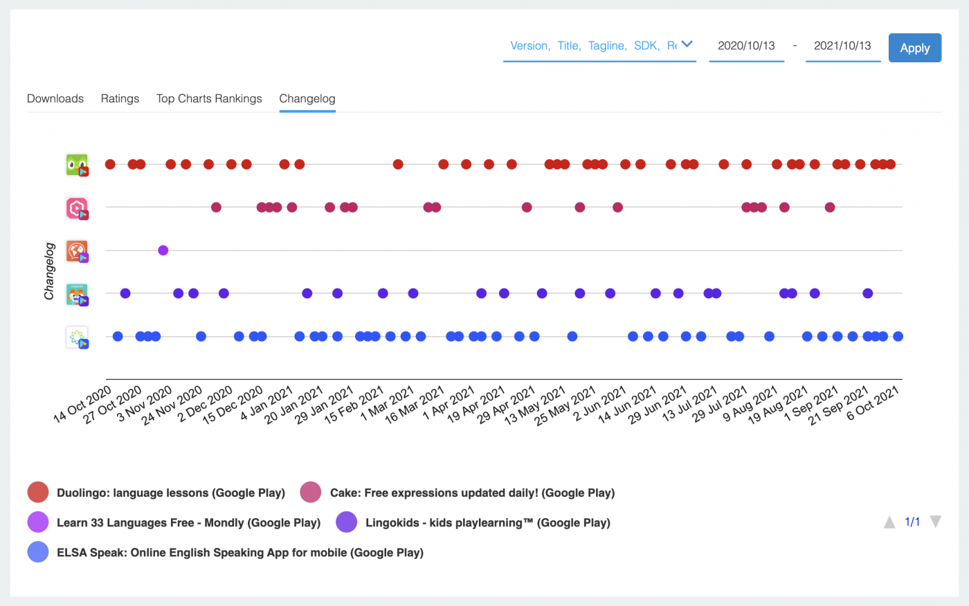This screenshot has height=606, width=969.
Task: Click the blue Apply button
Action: click(x=914, y=48)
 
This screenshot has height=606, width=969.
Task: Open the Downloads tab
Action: click(x=55, y=98)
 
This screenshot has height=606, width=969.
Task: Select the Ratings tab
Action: click(x=120, y=98)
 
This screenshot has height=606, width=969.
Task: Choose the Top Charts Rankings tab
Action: click(x=209, y=98)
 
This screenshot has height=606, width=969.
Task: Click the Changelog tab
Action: click(x=307, y=98)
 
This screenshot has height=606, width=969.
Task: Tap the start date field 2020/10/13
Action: click(x=746, y=46)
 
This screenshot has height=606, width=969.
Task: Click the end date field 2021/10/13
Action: click(x=842, y=46)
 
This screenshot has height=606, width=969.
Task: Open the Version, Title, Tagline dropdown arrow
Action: click(x=687, y=44)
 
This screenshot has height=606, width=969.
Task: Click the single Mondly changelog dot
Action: click(x=163, y=250)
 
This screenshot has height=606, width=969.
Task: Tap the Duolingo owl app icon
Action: click(x=77, y=165)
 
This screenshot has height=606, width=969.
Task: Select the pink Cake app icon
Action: click(x=77, y=208)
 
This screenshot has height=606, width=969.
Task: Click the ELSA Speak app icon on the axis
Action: click(x=77, y=337)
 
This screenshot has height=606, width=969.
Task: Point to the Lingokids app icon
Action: click(x=77, y=294)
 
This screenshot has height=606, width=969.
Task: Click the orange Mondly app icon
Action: click(x=77, y=250)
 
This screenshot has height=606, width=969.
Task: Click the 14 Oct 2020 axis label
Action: click(x=83, y=405)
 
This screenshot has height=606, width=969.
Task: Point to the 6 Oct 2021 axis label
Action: click(x=873, y=403)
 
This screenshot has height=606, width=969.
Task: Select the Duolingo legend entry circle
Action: click(x=38, y=493)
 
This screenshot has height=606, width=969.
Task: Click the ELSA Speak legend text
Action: click(x=239, y=552)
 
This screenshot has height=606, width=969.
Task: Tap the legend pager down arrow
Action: click(x=935, y=522)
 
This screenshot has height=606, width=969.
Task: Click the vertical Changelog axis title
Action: click(x=49, y=271)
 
